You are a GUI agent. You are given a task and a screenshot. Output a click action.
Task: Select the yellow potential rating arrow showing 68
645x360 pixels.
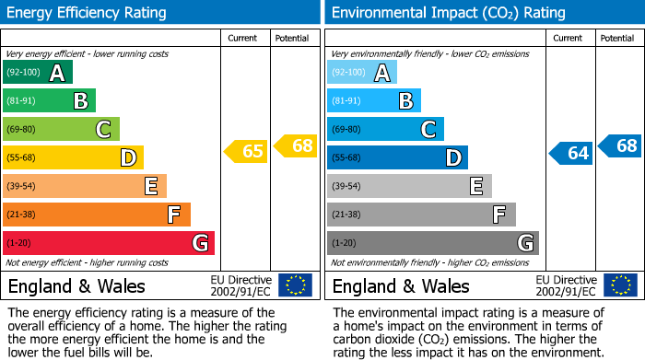(296, 145)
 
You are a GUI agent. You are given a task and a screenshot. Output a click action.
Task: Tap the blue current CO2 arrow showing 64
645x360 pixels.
(571, 153)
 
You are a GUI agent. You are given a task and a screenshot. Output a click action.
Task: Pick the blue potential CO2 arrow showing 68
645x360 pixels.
(620, 145)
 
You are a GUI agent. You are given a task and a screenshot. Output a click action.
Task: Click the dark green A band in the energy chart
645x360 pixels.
(37, 73)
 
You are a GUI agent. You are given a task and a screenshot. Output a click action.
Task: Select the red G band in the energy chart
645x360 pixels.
(108, 243)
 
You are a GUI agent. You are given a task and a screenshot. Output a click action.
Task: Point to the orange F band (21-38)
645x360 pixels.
(96, 215)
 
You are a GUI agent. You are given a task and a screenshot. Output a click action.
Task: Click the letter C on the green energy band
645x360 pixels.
(104, 130)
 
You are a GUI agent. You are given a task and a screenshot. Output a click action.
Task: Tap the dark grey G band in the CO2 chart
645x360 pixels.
(432, 243)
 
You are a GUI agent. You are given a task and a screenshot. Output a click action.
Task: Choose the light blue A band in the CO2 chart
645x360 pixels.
(361, 73)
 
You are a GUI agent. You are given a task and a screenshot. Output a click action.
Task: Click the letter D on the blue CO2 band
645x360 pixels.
(452, 158)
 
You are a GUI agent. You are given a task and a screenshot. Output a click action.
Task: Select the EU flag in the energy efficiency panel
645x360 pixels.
(295, 285)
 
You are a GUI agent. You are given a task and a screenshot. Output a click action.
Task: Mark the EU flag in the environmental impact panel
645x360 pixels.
(619, 285)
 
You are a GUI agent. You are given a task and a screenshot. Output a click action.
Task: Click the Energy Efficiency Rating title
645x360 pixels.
(88, 13)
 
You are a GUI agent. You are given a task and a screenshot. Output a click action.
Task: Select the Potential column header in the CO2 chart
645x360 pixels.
(616, 38)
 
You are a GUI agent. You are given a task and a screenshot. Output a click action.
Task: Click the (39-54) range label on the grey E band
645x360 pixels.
(346, 187)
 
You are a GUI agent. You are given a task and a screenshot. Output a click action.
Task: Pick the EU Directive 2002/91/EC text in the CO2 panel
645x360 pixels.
(565, 285)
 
